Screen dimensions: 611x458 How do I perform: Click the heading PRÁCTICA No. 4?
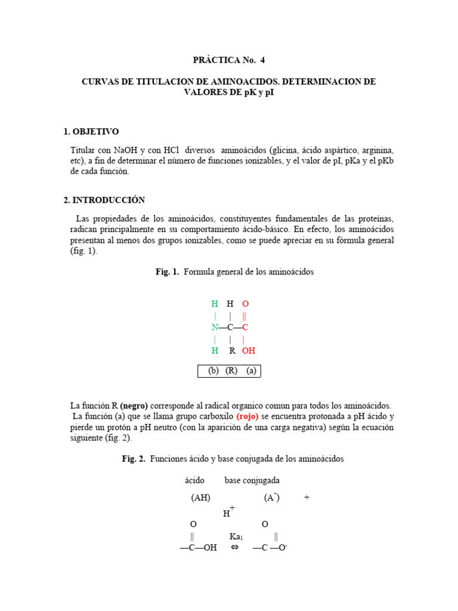click(x=228, y=60)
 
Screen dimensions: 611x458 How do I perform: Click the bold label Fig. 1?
click(x=168, y=272)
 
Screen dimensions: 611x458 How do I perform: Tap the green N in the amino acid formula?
click(x=215, y=328)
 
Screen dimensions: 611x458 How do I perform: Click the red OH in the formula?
click(x=248, y=351)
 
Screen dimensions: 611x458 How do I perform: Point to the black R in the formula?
click(x=232, y=351)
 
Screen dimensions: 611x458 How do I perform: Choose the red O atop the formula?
click(x=245, y=304)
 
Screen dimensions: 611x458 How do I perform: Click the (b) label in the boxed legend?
click(x=213, y=371)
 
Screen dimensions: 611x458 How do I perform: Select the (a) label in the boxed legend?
click(x=251, y=371)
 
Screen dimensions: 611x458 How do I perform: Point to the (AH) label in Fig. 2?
click(x=200, y=498)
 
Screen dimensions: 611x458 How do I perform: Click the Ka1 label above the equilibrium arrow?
click(x=236, y=536)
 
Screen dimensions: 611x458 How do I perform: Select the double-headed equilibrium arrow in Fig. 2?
click(x=234, y=548)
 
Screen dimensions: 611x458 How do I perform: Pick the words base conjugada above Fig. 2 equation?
click(x=252, y=480)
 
